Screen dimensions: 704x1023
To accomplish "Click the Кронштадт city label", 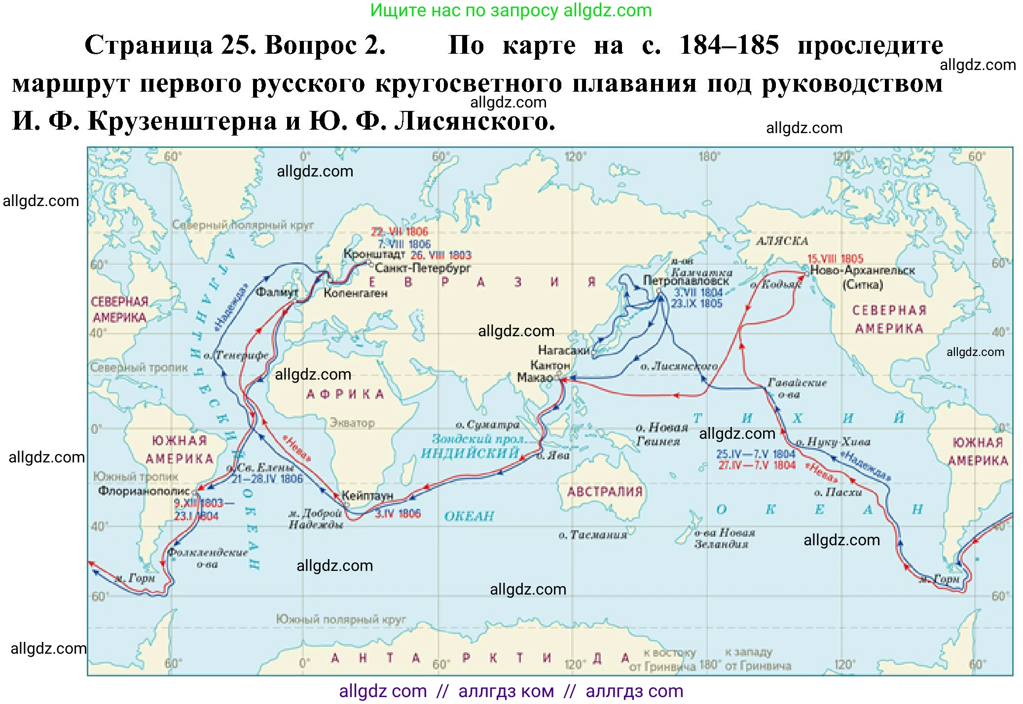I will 373,254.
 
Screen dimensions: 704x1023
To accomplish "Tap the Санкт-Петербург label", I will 422,268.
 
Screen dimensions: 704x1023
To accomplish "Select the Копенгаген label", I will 355,293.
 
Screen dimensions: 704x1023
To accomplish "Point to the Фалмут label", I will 277,292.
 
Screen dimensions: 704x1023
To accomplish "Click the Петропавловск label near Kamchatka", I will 685,281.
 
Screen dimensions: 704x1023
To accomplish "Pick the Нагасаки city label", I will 564,350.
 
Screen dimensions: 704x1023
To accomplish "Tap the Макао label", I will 534,378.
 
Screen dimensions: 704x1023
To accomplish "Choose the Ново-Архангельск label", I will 862,270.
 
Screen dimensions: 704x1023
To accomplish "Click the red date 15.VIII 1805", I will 835,259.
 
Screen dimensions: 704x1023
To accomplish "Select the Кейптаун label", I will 367,495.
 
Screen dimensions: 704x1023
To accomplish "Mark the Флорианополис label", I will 144,491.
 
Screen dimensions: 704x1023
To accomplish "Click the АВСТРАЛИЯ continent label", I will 605,492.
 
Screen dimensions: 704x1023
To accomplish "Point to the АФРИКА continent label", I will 345,394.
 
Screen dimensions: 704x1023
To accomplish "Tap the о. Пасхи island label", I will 838,493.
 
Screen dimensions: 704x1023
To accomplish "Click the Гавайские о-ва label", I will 796,388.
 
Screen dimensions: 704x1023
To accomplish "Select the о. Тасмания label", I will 592,535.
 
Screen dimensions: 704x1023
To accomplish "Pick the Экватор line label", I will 352,423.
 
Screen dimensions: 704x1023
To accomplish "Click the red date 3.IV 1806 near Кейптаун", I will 398,514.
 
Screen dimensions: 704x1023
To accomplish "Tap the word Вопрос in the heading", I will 311,45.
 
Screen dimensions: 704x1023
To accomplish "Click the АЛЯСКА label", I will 782,242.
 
